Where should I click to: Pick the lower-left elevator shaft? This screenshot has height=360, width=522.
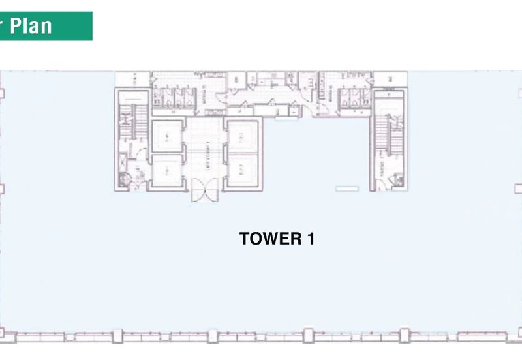coord(169,172)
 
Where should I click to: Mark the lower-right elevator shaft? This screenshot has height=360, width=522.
coord(243,172)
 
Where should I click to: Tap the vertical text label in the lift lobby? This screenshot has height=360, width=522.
coord(206,155)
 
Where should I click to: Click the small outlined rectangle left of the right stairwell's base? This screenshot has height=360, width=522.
coord(347,189)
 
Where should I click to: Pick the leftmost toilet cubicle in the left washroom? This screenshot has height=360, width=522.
coord(160,98)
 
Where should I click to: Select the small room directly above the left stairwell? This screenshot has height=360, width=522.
coord(134,79)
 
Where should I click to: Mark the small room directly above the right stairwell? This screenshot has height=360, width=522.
coord(390,80)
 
